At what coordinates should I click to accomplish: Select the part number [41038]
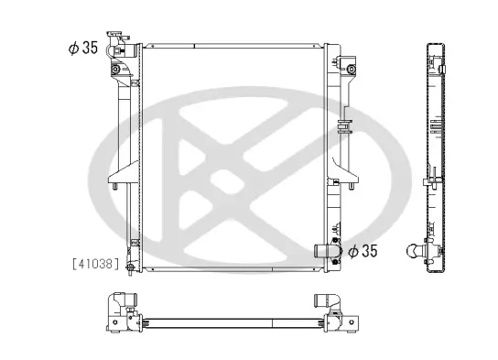tap(94, 264)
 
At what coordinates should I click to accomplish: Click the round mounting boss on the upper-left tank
tap(114, 70)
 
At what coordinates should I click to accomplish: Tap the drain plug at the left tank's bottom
tap(130, 267)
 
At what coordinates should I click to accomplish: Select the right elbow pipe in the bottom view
tap(326, 301)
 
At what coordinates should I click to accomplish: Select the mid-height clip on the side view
tap(428, 176)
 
